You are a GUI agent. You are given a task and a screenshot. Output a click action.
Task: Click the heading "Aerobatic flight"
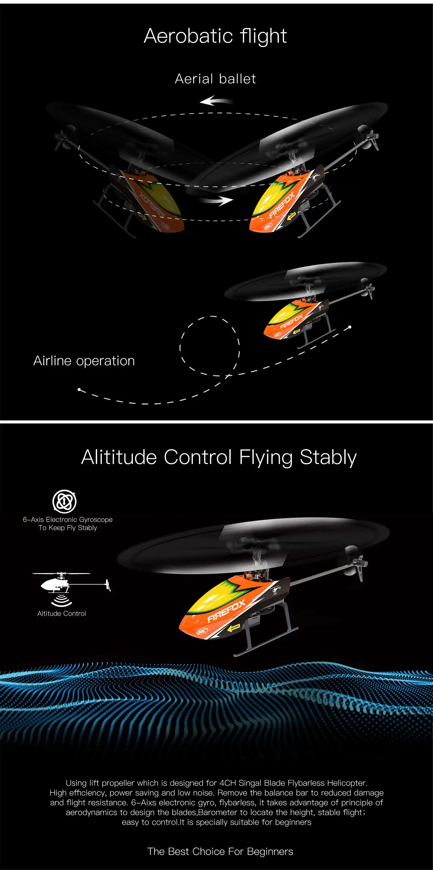point(215,36)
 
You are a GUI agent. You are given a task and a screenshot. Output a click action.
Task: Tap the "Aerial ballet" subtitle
point(215,79)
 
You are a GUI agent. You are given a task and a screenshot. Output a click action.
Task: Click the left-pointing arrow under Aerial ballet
point(216,101)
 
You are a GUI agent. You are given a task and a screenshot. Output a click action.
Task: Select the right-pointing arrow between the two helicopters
point(216,200)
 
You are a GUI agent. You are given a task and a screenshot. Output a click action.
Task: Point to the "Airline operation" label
point(84,361)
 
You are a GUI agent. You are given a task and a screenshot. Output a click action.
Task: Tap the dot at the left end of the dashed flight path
point(79,390)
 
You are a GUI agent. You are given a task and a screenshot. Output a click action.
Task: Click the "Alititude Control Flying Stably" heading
point(219,457)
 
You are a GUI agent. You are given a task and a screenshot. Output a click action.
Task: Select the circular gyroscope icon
point(65,501)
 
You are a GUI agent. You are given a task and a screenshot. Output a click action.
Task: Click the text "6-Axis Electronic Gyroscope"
point(67,520)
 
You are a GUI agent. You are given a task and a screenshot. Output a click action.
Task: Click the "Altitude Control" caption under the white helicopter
point(62,613)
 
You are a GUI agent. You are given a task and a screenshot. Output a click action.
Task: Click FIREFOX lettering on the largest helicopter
point(226,610)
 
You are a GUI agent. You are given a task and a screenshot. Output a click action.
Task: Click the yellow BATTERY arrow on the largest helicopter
point(234,627)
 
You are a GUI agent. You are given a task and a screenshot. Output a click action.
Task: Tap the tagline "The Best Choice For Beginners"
point(220,851)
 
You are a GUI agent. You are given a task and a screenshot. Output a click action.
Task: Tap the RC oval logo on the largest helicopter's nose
point(202,631)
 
